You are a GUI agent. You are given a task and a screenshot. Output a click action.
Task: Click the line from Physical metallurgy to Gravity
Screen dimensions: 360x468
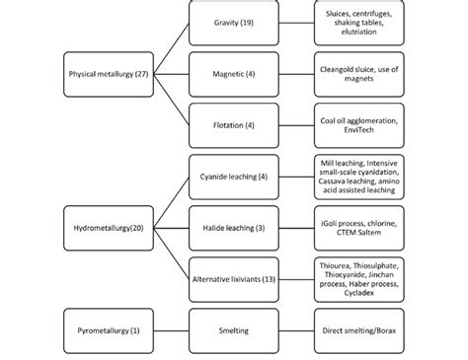(x=171, y=47)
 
